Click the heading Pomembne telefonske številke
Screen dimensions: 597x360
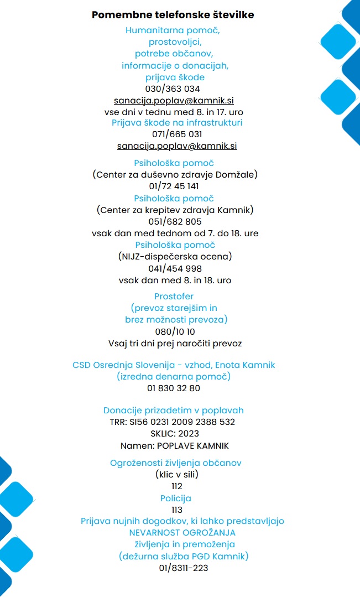pyautogui.click(x=173, y=15)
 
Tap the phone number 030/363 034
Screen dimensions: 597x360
pyautogui.click(x=173, y=89)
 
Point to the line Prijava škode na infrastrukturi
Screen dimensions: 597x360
pyautogui.click(x=177, y=122)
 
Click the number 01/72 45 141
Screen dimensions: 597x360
pyautogui.click(x=174, y=186)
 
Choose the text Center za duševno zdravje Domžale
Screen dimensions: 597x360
pyautogui.click(x=175, y=175)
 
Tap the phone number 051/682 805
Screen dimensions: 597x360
pyautogui.click(x=175, y=222)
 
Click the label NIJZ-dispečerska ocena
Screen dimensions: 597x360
pyautogui.click(x=175, y=257)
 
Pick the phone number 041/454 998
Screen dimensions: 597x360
pyautogui.click(x=175, y=269)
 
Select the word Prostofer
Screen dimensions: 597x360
pyautogui.click(x=174, y=297)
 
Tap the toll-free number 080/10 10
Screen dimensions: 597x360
pyautogui.click(x=175, y=332)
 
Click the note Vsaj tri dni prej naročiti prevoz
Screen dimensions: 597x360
pyautogui.click(x=175, y=344)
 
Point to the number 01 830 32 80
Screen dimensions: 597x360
pyautogui.click(x=174, y=388)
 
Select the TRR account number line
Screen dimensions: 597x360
pyautogui.click(x=173, y=422)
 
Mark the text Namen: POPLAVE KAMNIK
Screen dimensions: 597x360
pyautogui.click(x=175, y=445)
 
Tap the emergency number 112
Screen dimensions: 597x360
pyautogui.click(x=177, y=486)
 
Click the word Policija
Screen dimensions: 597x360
pyautogui.click(x=176, y=498)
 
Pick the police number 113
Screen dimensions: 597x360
pyautogui.click(x=177, y=510)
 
